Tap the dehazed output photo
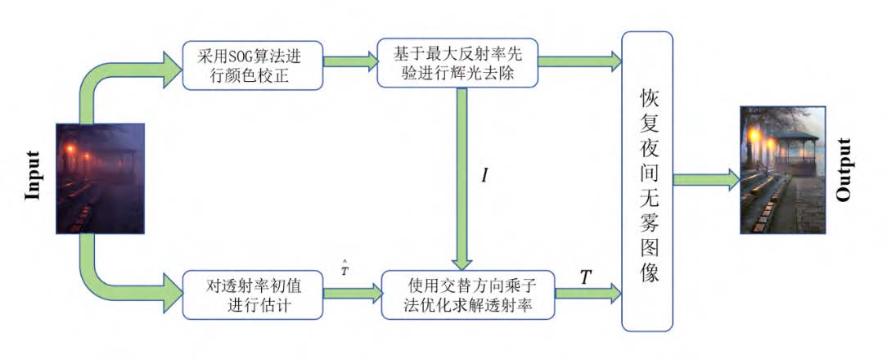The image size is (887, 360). (x=782, y=170)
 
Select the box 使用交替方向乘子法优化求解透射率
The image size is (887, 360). (x=470, y=294)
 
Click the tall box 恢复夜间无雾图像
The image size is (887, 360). (x=647, y=180)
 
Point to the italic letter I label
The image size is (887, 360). (x=484, y=175)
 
